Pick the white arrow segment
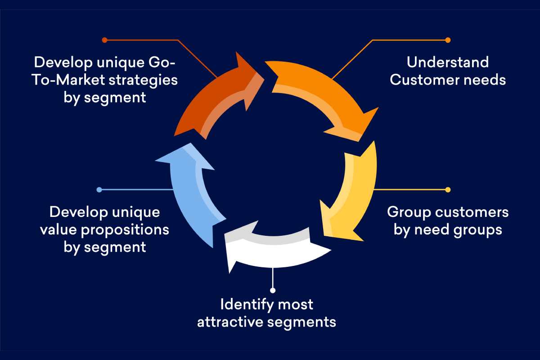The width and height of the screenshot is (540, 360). pyautogui.click(x=274, y=250)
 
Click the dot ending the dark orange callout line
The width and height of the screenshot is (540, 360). pyautogui.click(x=104, y=40)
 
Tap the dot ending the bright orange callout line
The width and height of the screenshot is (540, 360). pyautogui.click(x=448, y=40)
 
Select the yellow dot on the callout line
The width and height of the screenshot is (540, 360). pyautogui.click(x=448, y=189)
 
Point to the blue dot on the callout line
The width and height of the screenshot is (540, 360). pyautogui.click(x=99, y=189)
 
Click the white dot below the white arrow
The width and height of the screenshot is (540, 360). pyautogui.click(x=272, y=290)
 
